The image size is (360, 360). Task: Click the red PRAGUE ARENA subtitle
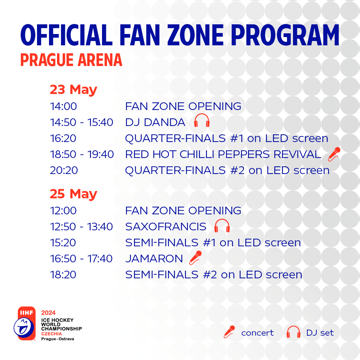(x=71, y=60)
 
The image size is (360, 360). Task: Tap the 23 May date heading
(x=73, y=90)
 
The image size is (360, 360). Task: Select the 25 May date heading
(x=73, y=194)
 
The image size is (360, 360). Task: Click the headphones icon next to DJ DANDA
(x=202, y=121)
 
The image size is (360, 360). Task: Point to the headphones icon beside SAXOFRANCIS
(x=222, y=226)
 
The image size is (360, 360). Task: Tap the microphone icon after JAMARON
(x=195, y=258)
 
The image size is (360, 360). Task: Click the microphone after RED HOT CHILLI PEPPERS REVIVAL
(x=334, y=154)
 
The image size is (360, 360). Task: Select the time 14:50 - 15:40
(x=82, y=122)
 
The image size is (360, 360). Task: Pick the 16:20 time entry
(x=63, y=138)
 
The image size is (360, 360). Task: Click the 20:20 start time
(x=64, y=170)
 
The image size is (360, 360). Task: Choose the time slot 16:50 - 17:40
(x=81, y=259)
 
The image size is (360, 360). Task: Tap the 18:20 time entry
(x=63, y=275)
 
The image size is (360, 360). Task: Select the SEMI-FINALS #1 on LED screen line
(x=213, y=243)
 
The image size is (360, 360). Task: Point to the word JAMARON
(x=154, y=259)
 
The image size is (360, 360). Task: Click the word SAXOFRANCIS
(x=166, y=227)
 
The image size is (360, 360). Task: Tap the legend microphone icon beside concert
(x=229, y=332)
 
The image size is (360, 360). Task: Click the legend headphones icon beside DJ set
(x=293, y=332)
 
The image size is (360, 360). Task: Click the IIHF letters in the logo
(x=27, y=313)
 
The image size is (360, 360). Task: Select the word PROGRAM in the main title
(x=285, y=35)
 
